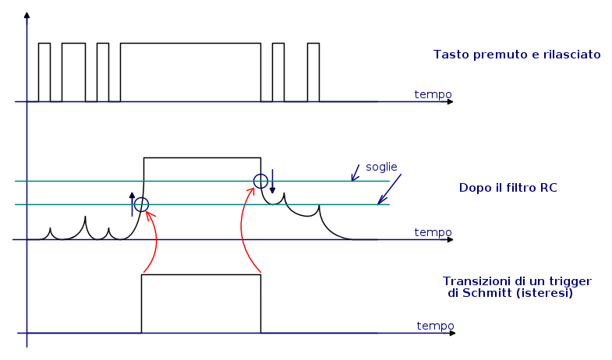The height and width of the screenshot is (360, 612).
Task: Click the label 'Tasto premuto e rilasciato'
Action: (x=517, y=55)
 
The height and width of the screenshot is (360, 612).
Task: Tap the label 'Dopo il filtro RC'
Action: (x=508, y=188)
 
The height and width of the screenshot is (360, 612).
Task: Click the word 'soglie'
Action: (x=381, y=167)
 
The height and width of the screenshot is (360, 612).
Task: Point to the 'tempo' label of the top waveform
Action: (x=433, y=94)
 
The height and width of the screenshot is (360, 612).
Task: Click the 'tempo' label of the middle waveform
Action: (x=433, y=232)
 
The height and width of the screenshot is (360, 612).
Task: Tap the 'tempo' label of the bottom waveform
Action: (x=435, y=326)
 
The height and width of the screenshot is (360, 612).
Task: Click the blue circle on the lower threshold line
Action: (x=141, y=205)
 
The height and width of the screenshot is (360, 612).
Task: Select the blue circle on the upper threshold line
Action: (x=261, y=182)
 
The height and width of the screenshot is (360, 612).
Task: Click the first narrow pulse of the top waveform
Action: (x=44, y=72)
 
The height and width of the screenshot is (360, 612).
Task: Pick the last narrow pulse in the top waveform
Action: (x=313, y=72)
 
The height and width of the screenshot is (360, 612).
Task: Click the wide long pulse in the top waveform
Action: (x=190, y=72)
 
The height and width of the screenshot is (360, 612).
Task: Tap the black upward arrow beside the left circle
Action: (x=132, y=202)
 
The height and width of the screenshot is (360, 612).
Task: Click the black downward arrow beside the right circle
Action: (x=272, y=182)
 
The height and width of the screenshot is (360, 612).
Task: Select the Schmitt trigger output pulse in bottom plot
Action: (x=200, y=304)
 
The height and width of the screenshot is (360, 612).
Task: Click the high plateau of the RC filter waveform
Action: (x=202, y=158)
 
